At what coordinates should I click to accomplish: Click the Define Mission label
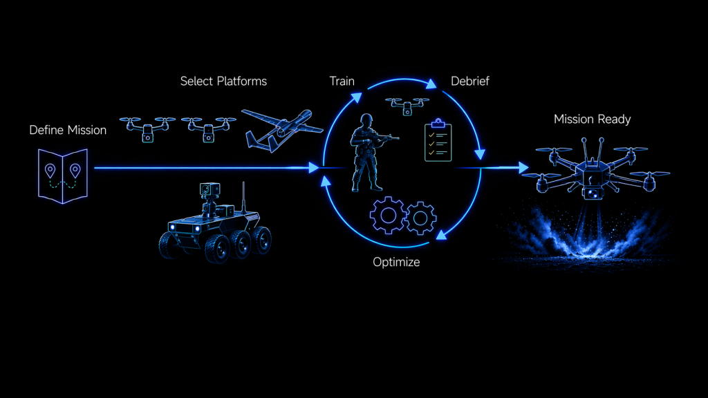coord(68,130)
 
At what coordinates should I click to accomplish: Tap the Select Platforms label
coord(223,82)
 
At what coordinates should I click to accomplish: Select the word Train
coord(342,82)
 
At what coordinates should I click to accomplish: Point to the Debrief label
coord(470,82)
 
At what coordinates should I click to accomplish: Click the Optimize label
coord(396,262)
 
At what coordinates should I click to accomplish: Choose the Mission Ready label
coord(592,119)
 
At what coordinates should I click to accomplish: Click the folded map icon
coord(63,176)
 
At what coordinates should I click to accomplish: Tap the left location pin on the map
coord(50,171)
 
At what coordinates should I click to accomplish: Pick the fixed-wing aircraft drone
coord(282,129)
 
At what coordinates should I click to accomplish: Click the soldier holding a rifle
coord(369,153)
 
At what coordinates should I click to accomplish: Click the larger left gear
coord(388,216)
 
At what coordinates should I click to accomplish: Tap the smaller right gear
coord(421,218)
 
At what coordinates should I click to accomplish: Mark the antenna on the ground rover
coord(243,198)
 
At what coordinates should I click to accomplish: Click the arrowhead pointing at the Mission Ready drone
coord(524,167)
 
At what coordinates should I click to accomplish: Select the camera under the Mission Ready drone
coord(593,193)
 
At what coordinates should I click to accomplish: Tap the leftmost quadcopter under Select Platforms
coord(147,129)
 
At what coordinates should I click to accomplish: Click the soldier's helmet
coord(366,119)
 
